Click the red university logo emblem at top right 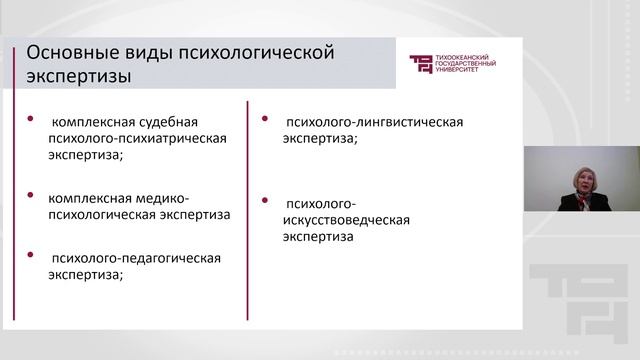pyautogui.click(x=423, y=64)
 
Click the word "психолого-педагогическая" pyautogui.click(x=136, y=259)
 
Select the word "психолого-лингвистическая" pyautogui.click(x=374, y=122)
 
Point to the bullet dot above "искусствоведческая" pyautogui.click(x=264, y=197)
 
